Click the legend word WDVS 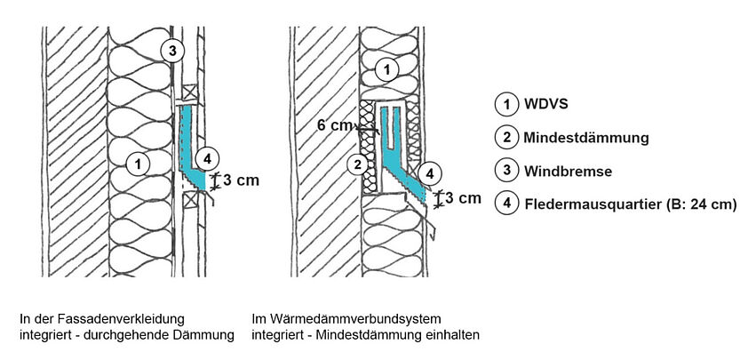[545, 105]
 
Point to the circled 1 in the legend [505, 105]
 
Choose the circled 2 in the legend [505, 138]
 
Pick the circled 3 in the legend [505, 171]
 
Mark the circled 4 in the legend [505, 204]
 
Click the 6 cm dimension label [334, 126]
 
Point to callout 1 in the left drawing [136, 163]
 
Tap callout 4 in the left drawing [204, 159]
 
